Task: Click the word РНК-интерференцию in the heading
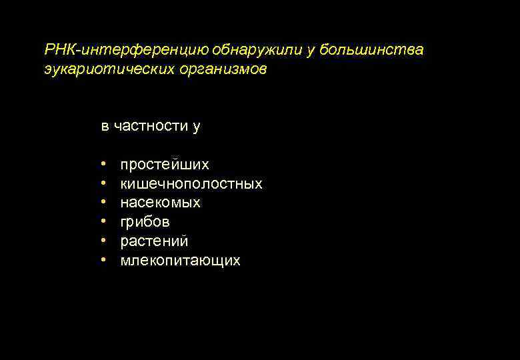coord(127,50)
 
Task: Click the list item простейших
coord(164,164)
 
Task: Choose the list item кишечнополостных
coord(191,183)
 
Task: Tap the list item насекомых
coord(160,203)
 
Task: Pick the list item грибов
coord(145,222)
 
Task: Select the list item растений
coord(154,241)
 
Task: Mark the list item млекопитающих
coord(180,261)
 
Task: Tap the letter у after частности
coord(196,126)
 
